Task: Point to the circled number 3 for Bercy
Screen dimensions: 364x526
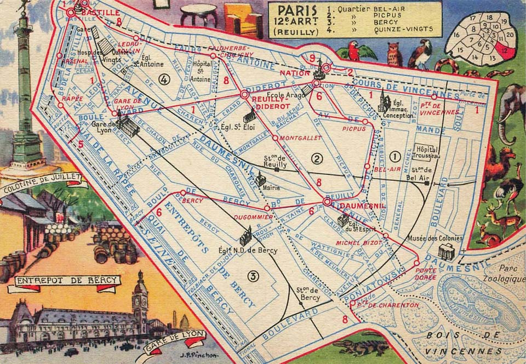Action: (253, 276)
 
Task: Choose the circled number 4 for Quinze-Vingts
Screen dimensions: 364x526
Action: (164, 79)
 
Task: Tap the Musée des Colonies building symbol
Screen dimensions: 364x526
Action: (447, 252)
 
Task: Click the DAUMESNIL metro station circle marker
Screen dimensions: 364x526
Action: (328, 202)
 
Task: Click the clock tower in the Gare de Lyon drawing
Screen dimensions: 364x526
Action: (140, 296)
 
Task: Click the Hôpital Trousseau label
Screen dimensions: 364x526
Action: (428, 152)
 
